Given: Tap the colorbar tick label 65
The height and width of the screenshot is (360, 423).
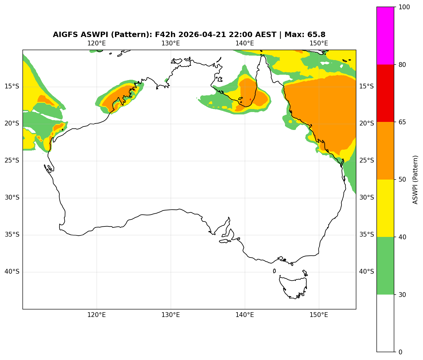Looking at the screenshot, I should (402, 122).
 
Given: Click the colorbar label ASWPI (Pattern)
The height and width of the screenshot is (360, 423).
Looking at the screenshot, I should (415, 179).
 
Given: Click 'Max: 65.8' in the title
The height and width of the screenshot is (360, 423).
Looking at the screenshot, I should (305, 35).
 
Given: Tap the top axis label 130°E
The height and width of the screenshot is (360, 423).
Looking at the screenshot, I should (171, 43).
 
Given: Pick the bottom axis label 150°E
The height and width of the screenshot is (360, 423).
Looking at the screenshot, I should (319, 315).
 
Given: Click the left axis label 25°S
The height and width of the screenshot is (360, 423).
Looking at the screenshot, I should (12, 161).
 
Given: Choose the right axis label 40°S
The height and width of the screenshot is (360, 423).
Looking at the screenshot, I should (366, 272).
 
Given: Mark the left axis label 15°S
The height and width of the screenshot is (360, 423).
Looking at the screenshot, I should (12, 87).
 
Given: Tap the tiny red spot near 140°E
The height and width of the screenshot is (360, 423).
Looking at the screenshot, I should (250, 99).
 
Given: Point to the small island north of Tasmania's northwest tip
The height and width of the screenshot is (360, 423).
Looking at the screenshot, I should (274, 271).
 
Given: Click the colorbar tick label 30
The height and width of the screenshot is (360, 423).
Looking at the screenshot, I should (402, 295).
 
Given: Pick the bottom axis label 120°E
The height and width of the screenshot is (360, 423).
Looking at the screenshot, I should (96, 315).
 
